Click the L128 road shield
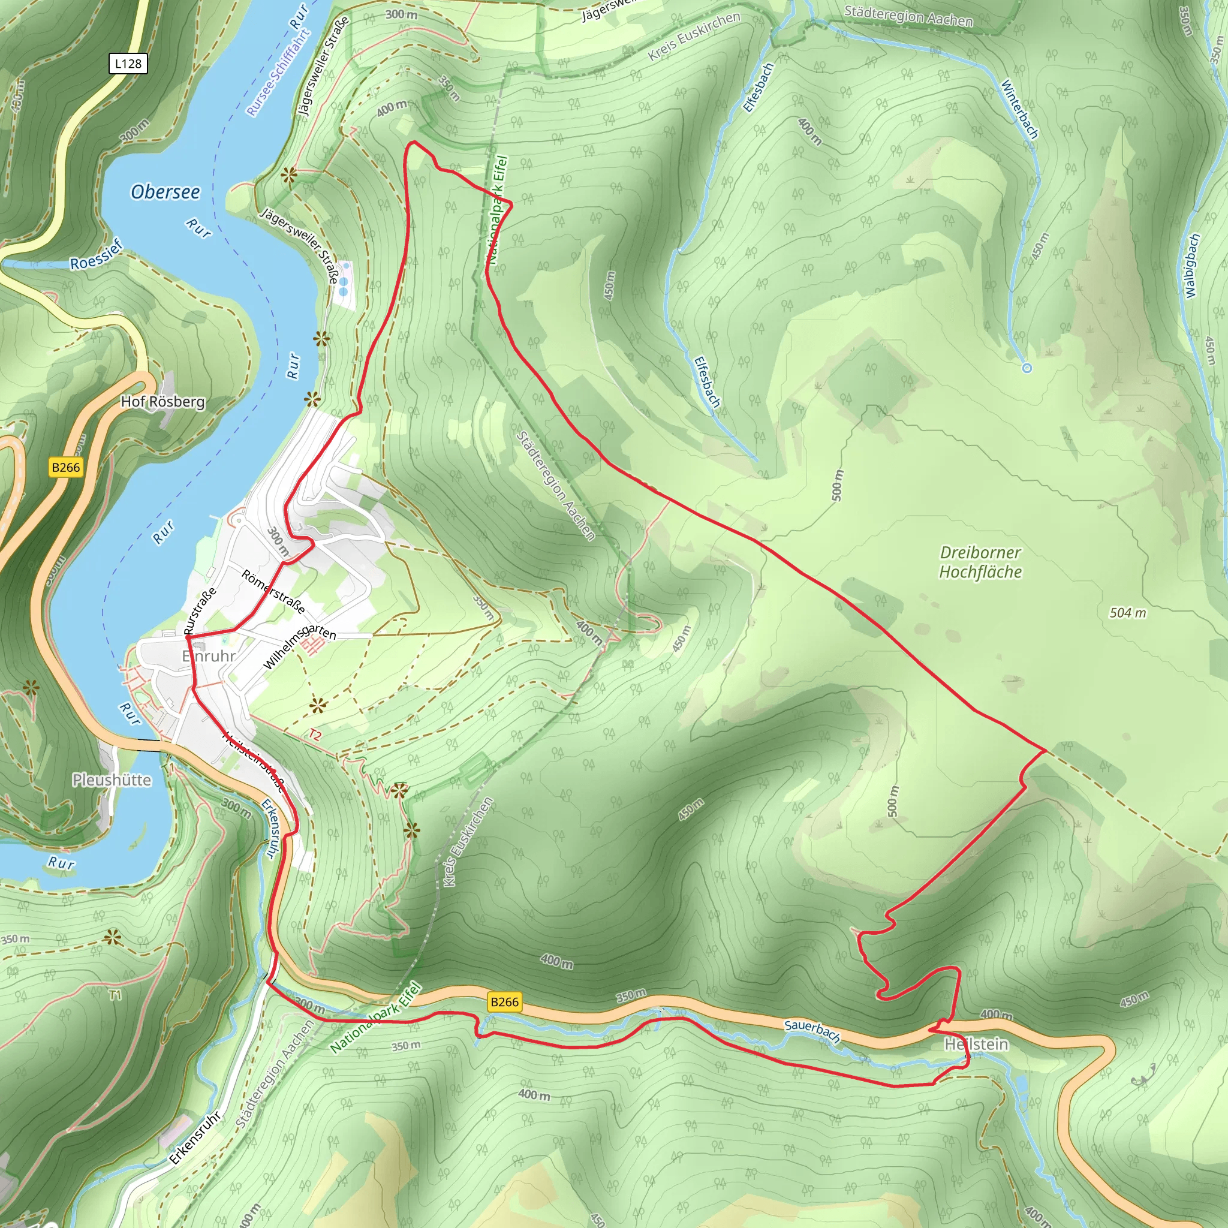[128, 64]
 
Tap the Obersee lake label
[165, 192]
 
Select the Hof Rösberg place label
[162, 402]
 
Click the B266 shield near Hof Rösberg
[66, 468]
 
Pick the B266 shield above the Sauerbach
[505, 1002]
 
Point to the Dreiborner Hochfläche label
[980, 562]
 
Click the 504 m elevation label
[1128, 613]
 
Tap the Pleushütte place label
[112, 780]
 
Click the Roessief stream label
[96, 255]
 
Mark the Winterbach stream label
[1019, 109]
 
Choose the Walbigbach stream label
[1192, 266]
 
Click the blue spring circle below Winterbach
[1027, 368]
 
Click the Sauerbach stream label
[812, 1030]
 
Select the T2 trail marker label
[315, 735]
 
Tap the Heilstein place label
[976, 1045]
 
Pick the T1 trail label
[115, 995]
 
